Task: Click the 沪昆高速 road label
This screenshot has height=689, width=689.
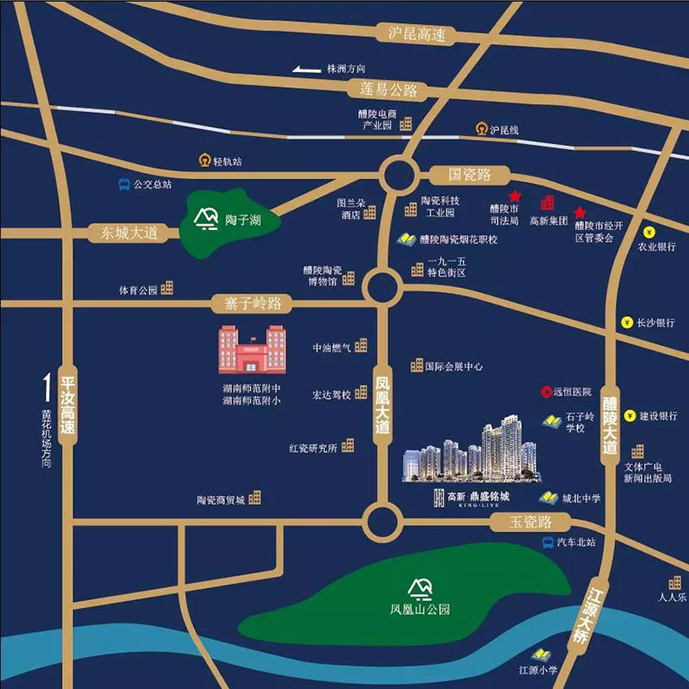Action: [x=416, y=34]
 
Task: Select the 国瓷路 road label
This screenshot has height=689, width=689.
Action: [x=462, y=175]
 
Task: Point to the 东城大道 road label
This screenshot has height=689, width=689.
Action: [x=129, y=233]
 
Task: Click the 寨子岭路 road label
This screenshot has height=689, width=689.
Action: [x=252, y=303]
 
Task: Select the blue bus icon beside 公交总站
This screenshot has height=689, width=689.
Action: [x=125, y=184]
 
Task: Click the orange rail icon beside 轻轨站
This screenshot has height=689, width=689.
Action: [x=203, y=160]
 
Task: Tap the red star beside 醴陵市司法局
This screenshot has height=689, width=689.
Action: [x=514, y=196]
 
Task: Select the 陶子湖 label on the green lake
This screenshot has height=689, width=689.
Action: [x=242, y=220]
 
